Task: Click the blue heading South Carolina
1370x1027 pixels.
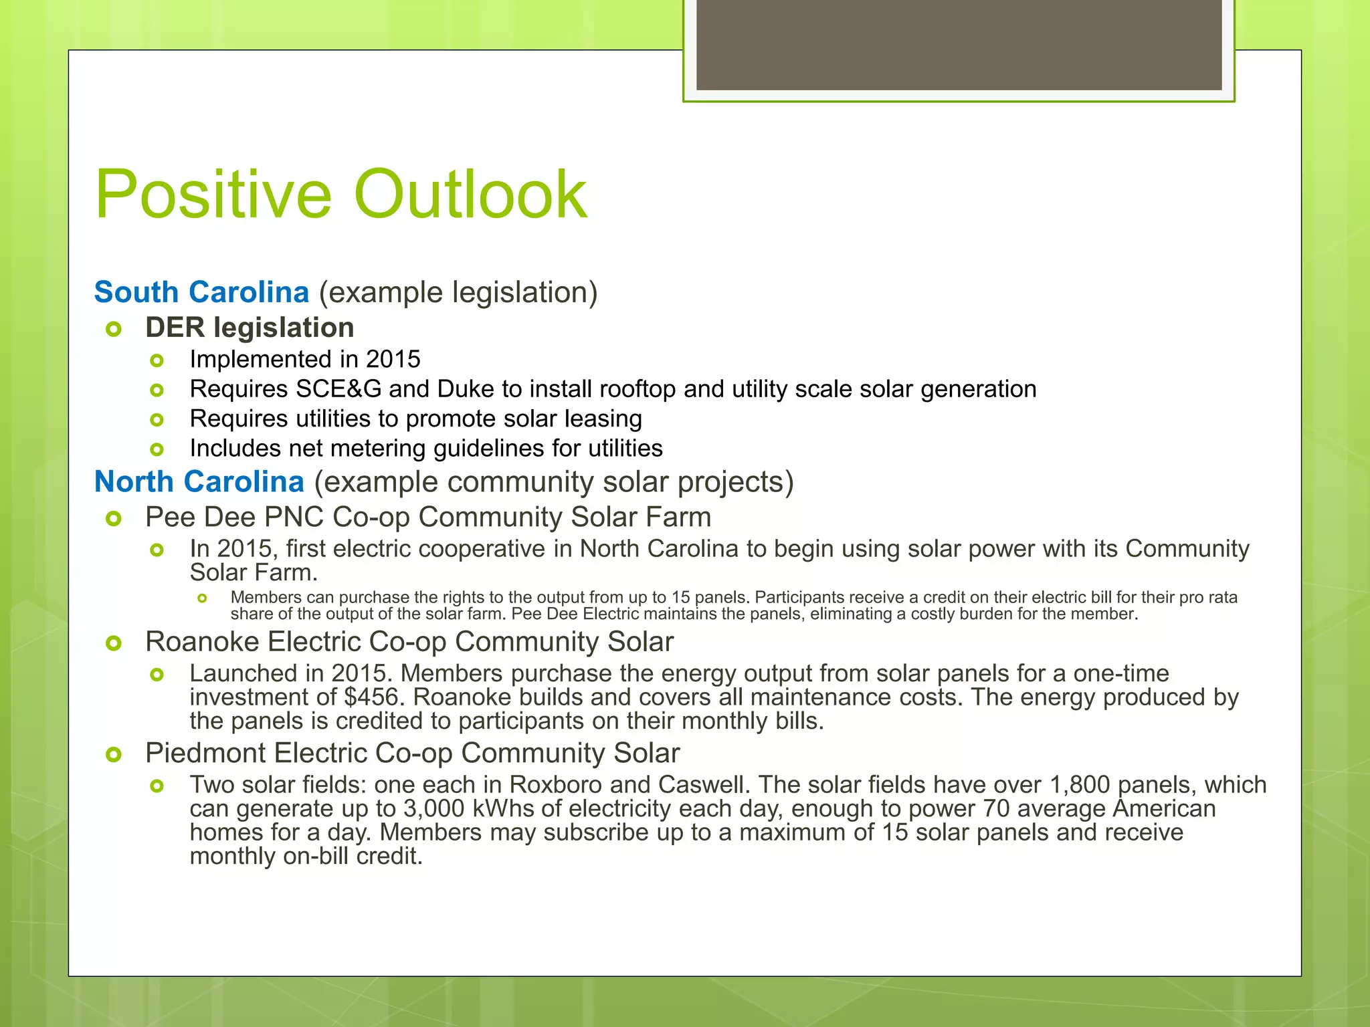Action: tap(201, 292)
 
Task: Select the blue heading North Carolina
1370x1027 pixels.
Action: tap(199, 482)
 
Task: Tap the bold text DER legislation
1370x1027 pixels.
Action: tap(250, 328)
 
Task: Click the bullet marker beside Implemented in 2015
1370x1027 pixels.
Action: tap(157, 361)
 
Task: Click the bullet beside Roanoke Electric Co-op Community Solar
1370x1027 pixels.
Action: tap(114, 643)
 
